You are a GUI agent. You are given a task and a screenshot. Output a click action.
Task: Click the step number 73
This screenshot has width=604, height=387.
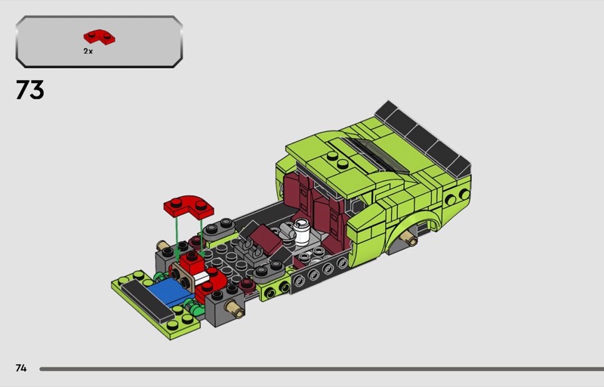point(30,90)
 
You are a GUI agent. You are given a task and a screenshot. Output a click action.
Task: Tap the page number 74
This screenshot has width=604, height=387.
point(21,368)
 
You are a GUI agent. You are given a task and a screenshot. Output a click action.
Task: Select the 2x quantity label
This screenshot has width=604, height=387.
point(88,51)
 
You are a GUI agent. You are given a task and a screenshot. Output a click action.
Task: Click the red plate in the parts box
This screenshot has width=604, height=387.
point(100,36)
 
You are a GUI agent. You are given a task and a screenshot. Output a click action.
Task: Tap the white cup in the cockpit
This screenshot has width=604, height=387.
point(301,231)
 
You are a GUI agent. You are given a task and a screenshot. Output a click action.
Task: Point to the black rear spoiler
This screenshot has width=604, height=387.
point(423,140)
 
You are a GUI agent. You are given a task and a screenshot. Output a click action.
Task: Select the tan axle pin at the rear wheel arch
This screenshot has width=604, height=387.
point(408,238)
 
